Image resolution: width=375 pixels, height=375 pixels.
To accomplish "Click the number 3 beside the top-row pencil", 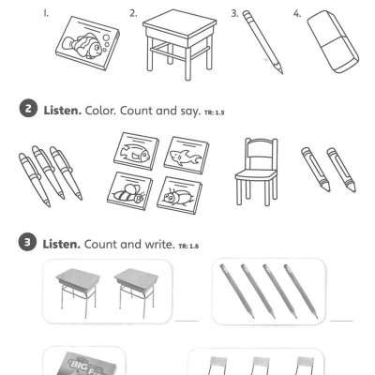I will [232, 13].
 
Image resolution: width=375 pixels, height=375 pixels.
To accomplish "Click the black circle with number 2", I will [24, 112].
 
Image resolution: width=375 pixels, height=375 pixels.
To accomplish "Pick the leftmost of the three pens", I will [32, 169].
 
